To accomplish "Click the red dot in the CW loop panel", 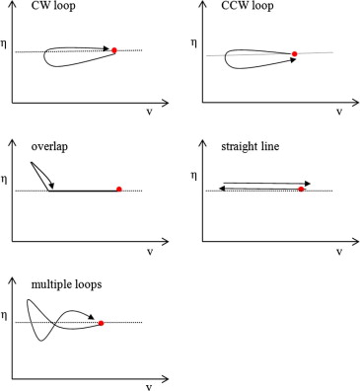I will point(115,49).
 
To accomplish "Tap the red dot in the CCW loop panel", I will point(294,53).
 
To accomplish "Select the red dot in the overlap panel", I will point(118,189).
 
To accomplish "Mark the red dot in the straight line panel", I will point(300,189).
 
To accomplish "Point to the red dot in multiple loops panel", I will point(102,322).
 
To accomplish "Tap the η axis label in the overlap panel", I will point(7,180).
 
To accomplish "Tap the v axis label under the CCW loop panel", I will point(339,113).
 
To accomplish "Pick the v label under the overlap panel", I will point(149,252).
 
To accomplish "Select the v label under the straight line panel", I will point(340,252).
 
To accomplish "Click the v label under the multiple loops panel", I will point(149,385).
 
